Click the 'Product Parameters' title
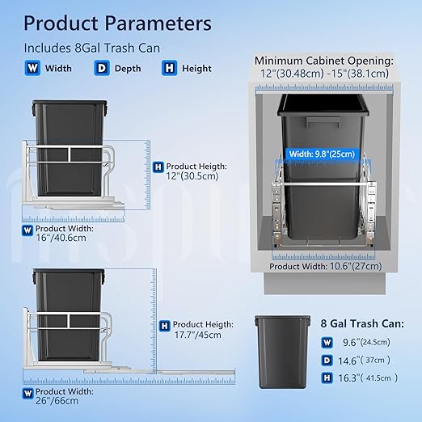[117, 23]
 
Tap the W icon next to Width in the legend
[32, 68]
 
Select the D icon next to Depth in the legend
[102, 68]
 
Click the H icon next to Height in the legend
[170, 68]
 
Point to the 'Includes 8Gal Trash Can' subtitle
[92, 48]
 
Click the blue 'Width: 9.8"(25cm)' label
[322, 154]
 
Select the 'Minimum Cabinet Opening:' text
[324, 61]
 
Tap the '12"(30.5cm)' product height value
[192, 176]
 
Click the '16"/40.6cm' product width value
[61, 238]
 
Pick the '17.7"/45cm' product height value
[197, 335]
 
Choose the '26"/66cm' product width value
[57, 400]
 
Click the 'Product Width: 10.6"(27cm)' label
[326, 266]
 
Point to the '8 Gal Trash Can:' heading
[362, 323]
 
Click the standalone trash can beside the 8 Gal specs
[282, 352]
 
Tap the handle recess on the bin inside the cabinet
[323, 122]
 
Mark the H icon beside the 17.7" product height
[164, 326]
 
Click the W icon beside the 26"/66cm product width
[27, 394]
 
